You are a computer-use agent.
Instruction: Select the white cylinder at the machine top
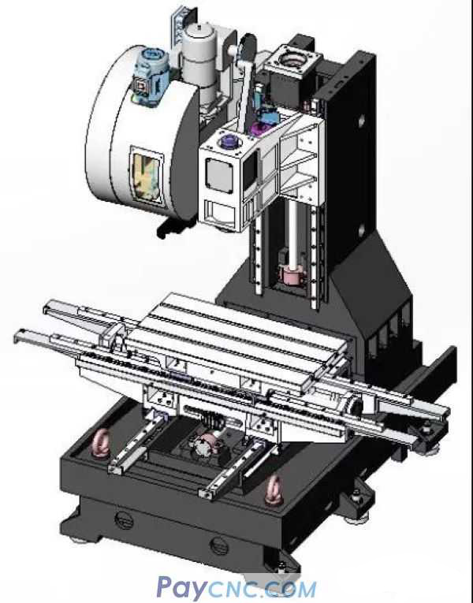tap(198, 51)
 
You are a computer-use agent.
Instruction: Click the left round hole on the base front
tap(123, 519)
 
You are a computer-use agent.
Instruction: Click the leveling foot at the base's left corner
tap(77, 539)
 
